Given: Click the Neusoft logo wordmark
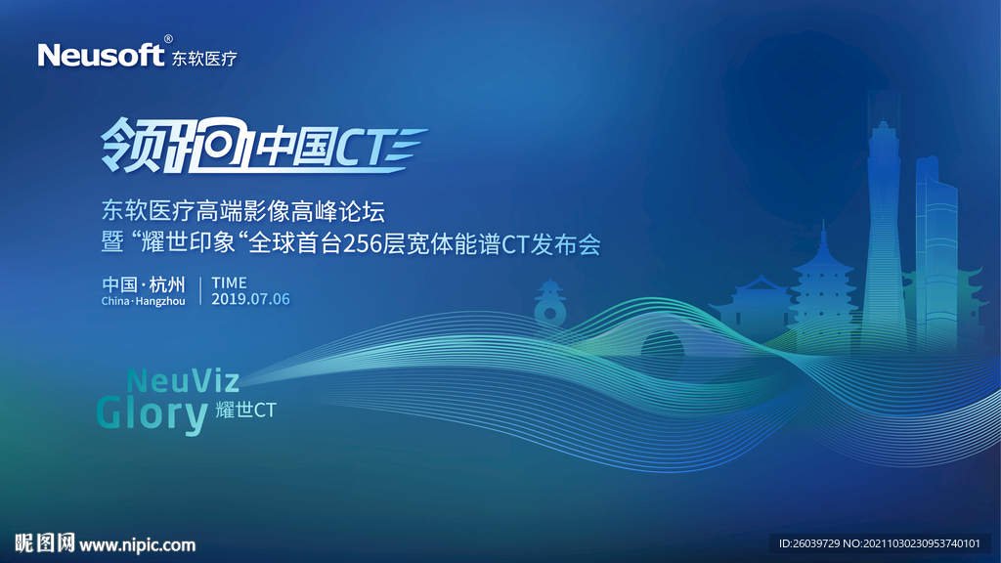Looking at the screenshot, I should (101, 56).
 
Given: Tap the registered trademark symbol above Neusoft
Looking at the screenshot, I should (168, 39).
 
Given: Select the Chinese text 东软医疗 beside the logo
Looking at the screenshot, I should (204, 59).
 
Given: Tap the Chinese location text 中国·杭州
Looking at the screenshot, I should (143, 284).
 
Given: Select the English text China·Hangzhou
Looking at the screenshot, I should (143, 301).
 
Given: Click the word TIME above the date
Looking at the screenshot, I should (229, 283).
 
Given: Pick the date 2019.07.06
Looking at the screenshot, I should (250, 299).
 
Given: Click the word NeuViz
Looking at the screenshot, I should (183, 379).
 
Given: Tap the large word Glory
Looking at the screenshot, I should (152, 414).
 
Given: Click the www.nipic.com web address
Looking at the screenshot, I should (137, 544).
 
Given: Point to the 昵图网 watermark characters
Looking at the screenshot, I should (45, 543).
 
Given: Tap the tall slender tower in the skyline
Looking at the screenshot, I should (885, 235).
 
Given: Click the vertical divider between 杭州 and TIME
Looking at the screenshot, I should (199, 291).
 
